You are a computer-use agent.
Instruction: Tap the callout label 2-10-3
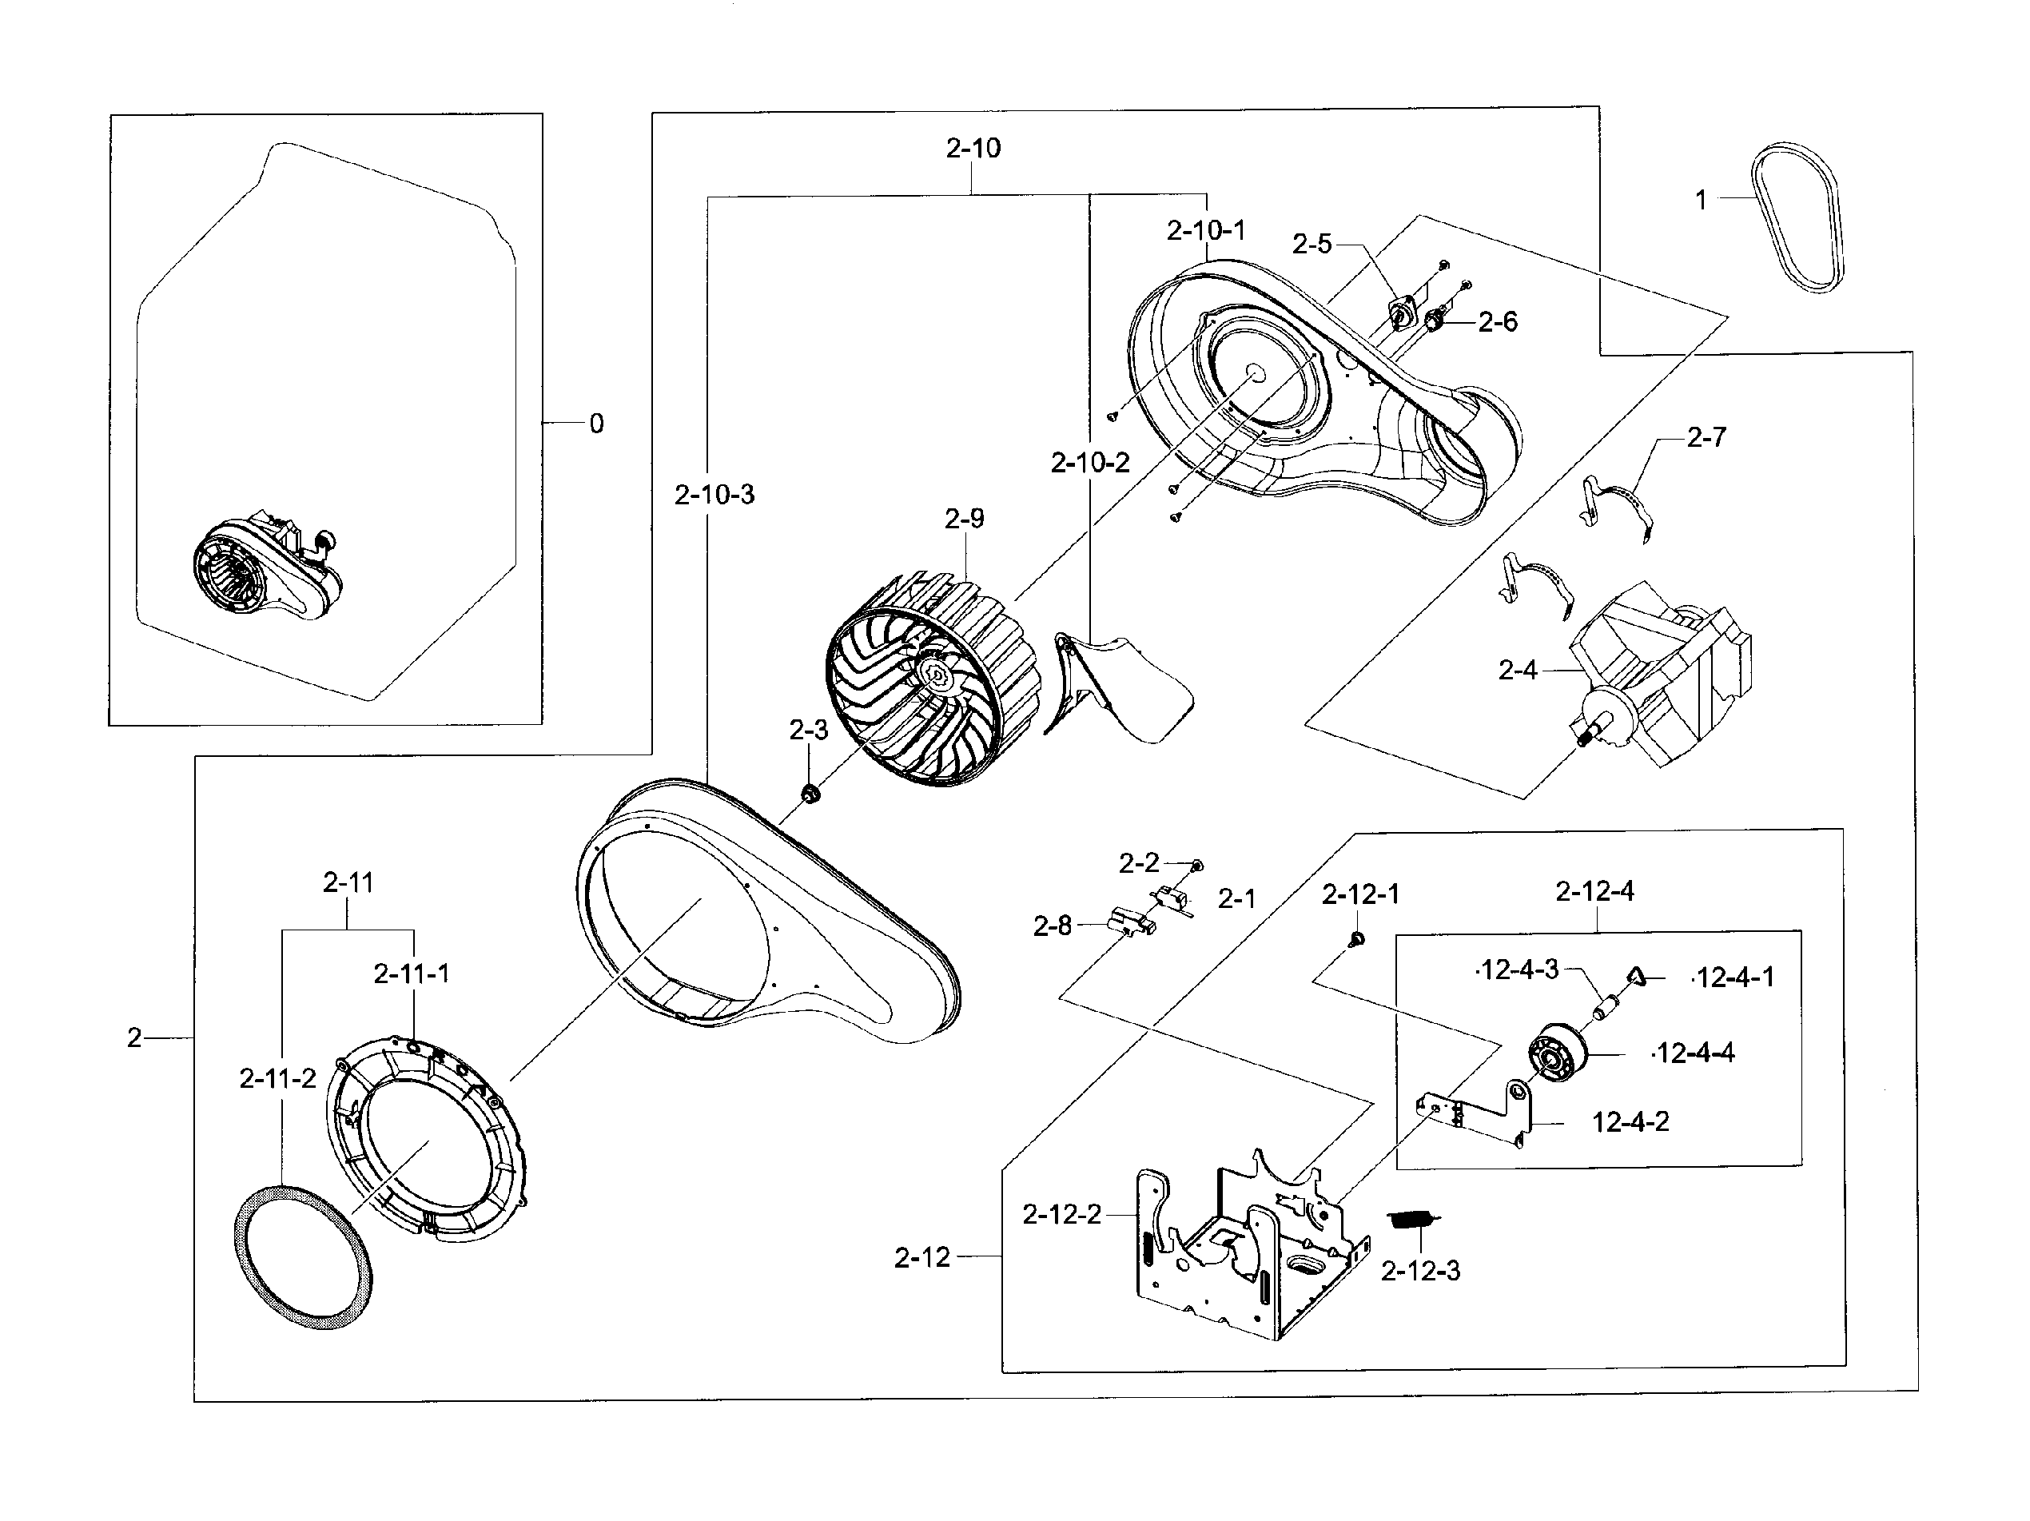(714, 496)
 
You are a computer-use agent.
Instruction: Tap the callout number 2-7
(1706, 438)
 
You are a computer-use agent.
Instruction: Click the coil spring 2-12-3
(1412, 1220)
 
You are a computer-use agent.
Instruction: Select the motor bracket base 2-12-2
(1248, 1248)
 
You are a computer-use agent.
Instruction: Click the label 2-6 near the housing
(1497, 322)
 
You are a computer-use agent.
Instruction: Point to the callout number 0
(596, 424)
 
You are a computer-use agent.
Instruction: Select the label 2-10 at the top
(973, 149)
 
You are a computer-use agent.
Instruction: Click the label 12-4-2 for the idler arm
(1630, 1121)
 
